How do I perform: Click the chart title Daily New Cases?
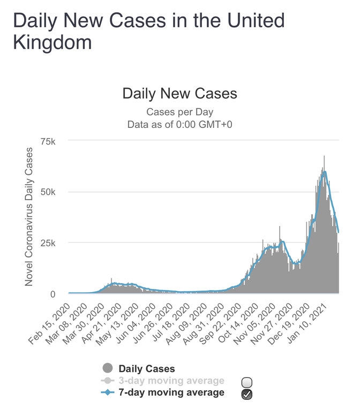(x=179, y=94)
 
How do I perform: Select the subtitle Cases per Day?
(x=179, y=112)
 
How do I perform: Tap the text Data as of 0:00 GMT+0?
(x=179, y=124)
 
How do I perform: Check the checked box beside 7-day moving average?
(x=247, y=395)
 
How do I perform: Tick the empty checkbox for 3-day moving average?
(x=247, y=382)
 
